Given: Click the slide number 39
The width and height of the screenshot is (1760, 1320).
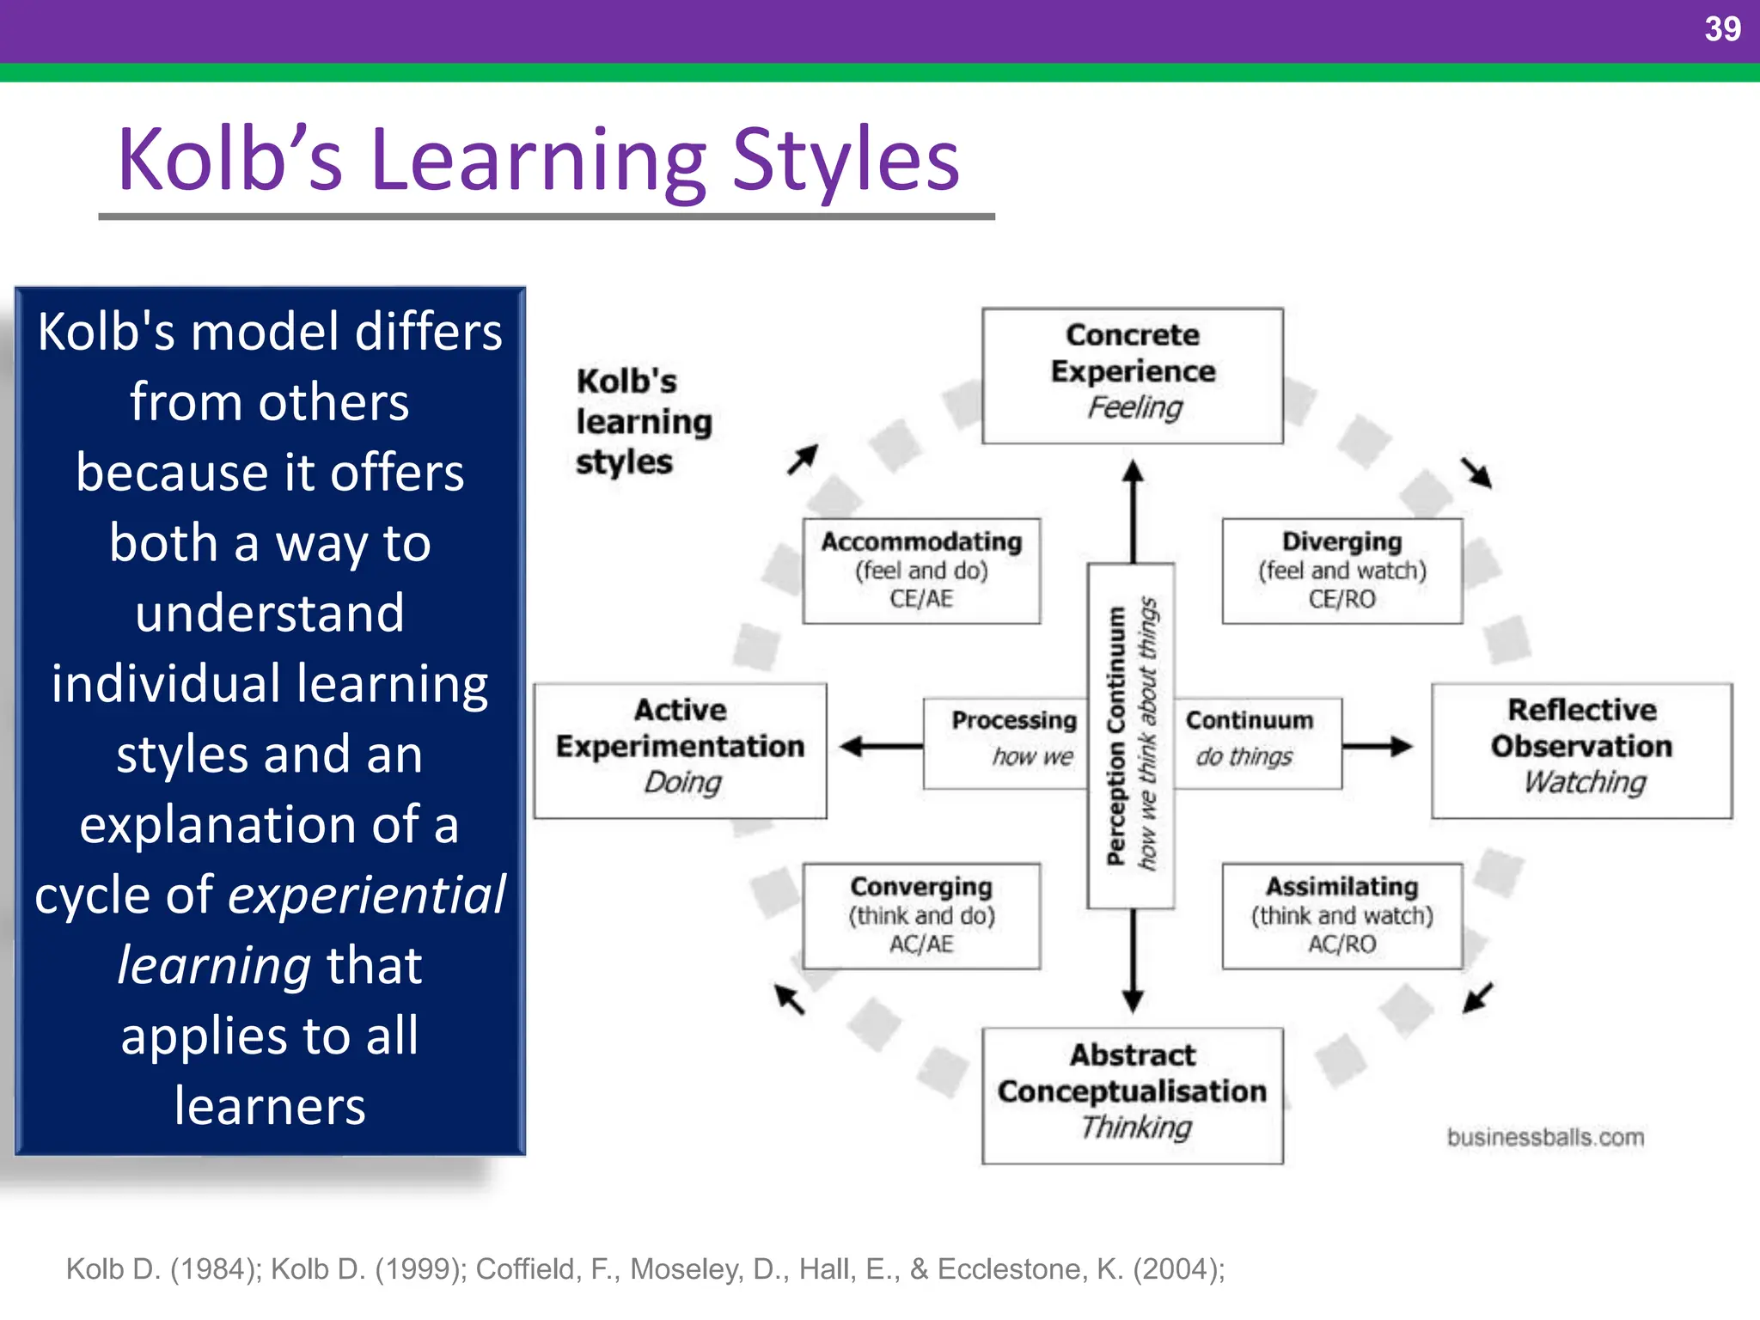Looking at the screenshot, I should click(1721, 29).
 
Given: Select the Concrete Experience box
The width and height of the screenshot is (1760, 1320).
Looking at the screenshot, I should click(1132, 376).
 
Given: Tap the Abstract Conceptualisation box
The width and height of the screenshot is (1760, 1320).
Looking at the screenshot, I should click(1132, 1095).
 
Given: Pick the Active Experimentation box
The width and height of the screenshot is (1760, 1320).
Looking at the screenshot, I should click(680, 749).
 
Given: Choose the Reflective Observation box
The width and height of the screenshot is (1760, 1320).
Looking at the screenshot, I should click(1581, 749).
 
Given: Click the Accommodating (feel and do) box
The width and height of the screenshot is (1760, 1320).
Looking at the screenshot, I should click(921, 571).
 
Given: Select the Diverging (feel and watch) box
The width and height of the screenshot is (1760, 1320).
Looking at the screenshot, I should click(1341, 571).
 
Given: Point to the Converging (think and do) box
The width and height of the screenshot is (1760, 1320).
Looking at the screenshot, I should click(921, 916).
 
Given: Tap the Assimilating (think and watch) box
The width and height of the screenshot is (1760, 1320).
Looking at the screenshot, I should click(1341, 916).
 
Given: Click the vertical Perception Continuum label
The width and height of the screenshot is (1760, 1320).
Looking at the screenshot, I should click(1116, 736).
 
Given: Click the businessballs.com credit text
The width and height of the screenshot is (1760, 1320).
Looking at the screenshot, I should click(1545, 1137).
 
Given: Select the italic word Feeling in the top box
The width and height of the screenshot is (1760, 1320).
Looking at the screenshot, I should click(1134, 407).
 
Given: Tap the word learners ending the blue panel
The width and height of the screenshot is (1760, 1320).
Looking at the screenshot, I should click(270, 1106).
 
